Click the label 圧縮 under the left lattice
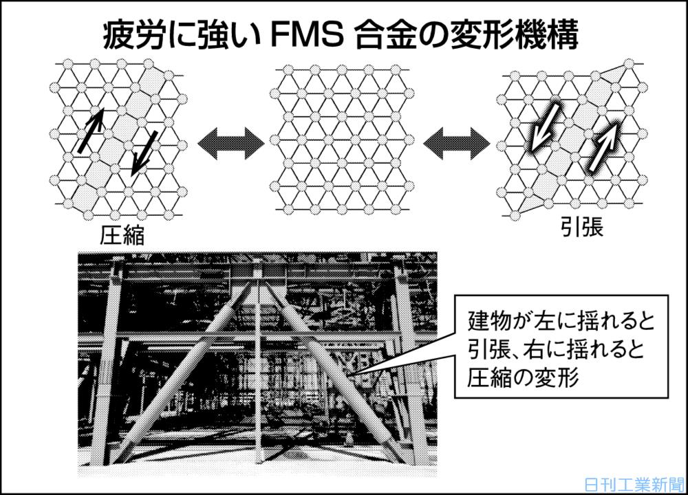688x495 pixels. click(122, 236)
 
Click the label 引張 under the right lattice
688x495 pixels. click(580, 228)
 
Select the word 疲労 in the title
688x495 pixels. click(129, 35)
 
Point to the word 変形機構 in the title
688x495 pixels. click(522, 35)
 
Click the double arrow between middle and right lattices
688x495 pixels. click(457, 144)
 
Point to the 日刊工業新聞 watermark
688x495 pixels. click(633, 484)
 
